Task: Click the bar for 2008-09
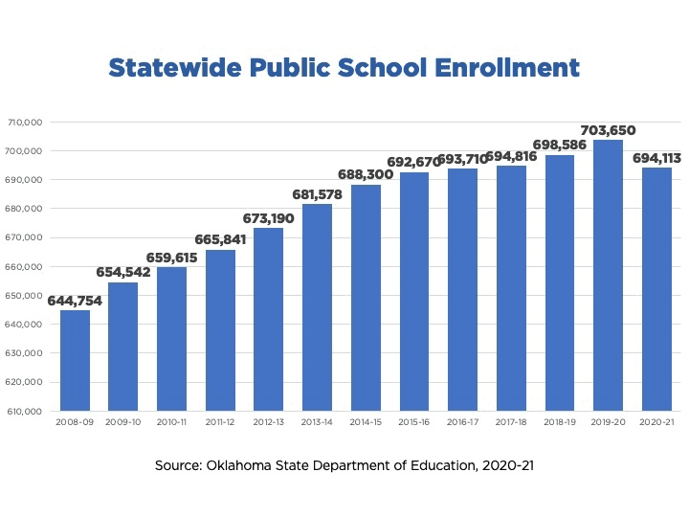click(x=75, y=360)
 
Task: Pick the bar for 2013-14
click(x=317, y=307)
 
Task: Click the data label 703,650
click(x=608, y=130)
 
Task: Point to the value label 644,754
click(x=75, y=300)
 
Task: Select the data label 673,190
click(x=268, y=218)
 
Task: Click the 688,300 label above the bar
click(x=366, y=175)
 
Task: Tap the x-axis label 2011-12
click(x=220, y=421)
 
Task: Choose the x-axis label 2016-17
click(x=462, y=421)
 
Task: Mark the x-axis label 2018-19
click(x=559, y=421)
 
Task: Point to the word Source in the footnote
click(x=178, y=466)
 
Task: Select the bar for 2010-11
click(x=171, y=339)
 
